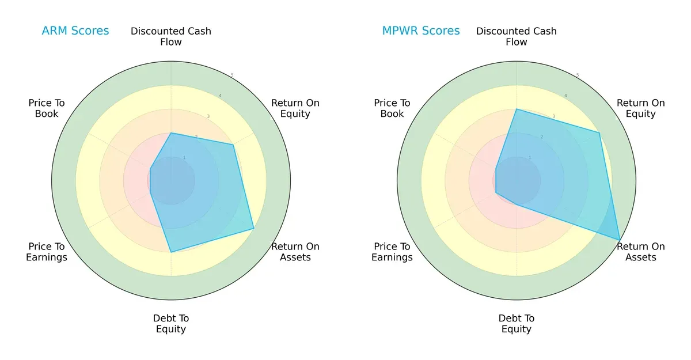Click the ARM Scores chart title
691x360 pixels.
point(75,31)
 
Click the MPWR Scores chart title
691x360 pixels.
point(421,31)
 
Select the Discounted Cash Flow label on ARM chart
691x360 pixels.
point(171,36)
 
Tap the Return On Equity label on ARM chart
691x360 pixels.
point(295,108)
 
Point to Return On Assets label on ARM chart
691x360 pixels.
point(295,252)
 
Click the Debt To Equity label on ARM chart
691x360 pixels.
point(171,324)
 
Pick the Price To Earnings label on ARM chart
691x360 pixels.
point(47,252)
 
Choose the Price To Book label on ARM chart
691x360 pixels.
point(47,108)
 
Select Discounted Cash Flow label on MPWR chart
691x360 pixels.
point(517,36)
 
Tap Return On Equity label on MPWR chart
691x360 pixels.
point(641,108)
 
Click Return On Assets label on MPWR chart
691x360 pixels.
point(641,252)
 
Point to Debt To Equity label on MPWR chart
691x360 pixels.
point(517,324)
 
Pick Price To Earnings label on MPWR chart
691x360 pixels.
point(392,252)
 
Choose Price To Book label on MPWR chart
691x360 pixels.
point(392,108)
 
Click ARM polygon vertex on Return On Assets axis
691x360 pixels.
point(254,229)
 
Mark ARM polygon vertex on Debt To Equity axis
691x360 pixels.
point(171,252)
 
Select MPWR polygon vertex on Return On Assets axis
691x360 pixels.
point(620,240)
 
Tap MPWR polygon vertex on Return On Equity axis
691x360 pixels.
point(599,133)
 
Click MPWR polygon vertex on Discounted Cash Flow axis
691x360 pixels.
point(517,109)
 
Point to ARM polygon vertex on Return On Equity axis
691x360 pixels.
point(233,145)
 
